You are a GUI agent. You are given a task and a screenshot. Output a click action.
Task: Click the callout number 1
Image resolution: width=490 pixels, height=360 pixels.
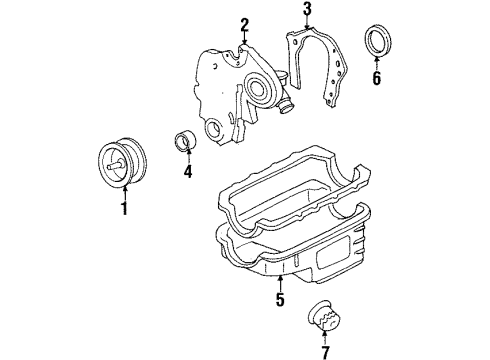pyautogui.click(x=124, y=208)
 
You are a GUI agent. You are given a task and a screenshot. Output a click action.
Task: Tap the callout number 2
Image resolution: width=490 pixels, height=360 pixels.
pyautogui.click(x=244, y=25)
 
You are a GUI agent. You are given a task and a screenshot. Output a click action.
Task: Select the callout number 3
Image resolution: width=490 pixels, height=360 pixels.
pyautogui.click(x=307, y=9)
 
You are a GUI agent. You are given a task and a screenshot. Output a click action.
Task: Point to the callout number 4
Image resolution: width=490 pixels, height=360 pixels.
pyautogui.click(x=188, y=171)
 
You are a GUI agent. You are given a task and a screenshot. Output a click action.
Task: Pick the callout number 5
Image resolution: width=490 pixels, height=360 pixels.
pyautogui.click(x=280, y=299)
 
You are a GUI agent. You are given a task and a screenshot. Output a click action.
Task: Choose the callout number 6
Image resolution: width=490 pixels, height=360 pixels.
pyautogui.click(x=376, y=78)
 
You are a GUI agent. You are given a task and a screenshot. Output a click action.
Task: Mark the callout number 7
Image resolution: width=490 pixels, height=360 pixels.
pyautogui.click(x=325, y=352)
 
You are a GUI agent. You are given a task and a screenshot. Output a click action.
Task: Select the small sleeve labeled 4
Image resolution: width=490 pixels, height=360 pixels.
pyautogui.click(x=185, y=141)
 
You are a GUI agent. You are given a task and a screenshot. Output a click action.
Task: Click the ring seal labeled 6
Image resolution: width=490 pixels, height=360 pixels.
pyautogui.click(x=378, y=41)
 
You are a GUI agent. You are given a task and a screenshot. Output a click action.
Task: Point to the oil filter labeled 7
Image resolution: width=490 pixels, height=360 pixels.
pyautogui.click(x=324, y=315)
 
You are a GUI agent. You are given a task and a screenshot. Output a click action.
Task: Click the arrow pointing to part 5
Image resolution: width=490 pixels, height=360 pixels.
pyautogui.click(x=280, y=283)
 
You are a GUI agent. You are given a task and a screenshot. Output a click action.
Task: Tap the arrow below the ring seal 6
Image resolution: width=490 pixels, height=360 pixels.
pyautogui.click(x=377, y=64)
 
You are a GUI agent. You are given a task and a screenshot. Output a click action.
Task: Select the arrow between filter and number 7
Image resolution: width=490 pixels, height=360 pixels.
pyautogui.click(x=325, y=338)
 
